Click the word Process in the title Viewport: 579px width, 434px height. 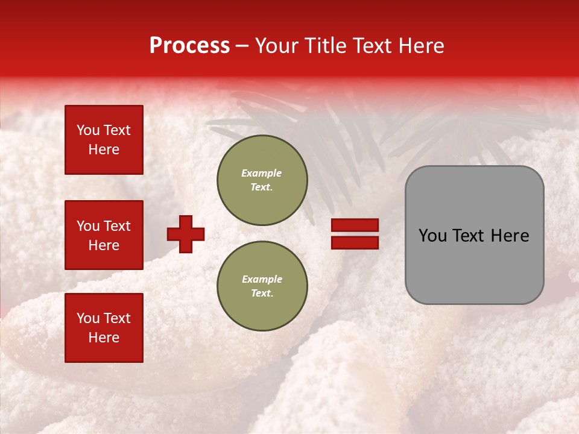tap(189, 46)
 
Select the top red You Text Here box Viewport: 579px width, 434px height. tap(104, 140)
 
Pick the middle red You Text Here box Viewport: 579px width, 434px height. tap(104, 235)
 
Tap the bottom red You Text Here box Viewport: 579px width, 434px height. tap(104, 328)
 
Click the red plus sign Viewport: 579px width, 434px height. tap(186, 234)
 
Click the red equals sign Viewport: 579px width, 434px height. tap(355, 234)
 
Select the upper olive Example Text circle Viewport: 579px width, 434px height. tap(262, 180)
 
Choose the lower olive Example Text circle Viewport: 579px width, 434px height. tap(262, 286)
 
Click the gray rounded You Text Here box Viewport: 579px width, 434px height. tap(474, 235)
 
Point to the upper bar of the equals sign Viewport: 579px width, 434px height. tap(355, 225)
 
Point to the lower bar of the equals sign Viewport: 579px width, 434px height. tap(355, 242)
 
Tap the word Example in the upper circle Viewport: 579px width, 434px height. tap(262, 173)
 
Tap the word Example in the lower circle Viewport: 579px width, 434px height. tap(262, 279)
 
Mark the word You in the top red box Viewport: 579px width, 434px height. tap(87, 130)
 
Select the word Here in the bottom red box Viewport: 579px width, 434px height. tap(104, 338)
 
